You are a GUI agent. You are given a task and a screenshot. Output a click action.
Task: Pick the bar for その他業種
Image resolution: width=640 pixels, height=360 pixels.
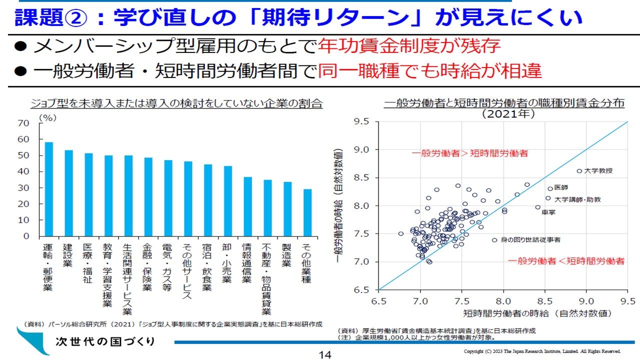[307, 212]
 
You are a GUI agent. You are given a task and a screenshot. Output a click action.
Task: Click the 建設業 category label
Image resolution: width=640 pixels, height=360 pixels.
[68, 255]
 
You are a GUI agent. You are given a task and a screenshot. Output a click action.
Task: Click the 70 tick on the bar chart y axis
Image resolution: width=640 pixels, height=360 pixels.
[23, 123]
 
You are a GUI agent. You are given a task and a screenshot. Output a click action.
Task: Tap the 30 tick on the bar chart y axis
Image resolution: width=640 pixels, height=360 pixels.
[23, 187]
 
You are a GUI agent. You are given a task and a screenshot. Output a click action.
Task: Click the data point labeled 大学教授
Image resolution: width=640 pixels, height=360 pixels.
[579, 171]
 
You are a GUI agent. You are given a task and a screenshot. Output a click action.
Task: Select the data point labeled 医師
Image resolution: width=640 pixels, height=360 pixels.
[550, 188]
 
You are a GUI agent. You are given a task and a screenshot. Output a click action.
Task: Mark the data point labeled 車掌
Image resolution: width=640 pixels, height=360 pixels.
[538, 207]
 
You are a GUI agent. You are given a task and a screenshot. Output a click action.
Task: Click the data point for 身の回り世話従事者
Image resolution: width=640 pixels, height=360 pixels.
[494, 240]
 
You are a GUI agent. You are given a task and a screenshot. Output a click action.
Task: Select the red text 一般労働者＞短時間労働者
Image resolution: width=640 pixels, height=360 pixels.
[469, 153]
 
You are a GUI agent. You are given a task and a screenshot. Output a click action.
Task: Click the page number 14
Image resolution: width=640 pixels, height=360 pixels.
[325, 355]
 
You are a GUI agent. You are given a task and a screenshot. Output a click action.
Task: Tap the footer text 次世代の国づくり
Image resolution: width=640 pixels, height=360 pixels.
[105, 341]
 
